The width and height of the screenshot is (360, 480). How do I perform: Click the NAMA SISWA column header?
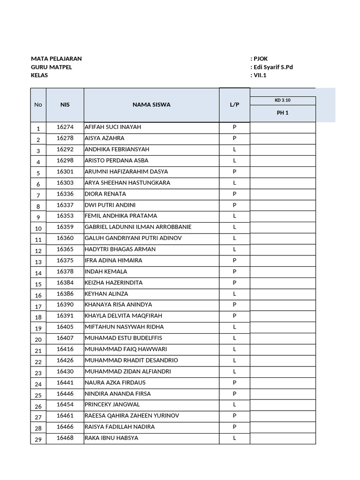tap(151, 105)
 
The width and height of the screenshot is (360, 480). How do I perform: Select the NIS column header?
tap(65, 105)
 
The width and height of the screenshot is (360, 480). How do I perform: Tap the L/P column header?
tap(234, 105)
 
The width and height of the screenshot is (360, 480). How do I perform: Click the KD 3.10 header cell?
tap(283, 100)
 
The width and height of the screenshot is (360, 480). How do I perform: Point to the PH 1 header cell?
tap(283, 112)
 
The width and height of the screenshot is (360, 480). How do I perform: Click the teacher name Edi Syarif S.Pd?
tap(273, 67)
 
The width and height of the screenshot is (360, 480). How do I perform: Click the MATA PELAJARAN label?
tap(56, 59)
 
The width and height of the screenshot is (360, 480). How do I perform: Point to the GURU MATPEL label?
tap(52, 67)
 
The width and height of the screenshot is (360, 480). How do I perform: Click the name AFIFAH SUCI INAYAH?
tap(112, 127)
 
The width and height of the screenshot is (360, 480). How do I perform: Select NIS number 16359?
tap(65, 227)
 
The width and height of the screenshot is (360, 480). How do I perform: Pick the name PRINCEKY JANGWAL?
tap(112, 405)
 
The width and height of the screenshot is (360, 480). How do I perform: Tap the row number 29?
tap(38, 439)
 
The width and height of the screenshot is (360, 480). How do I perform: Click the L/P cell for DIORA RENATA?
tap(234, 194)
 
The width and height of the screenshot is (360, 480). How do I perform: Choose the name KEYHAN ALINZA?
tap(106, 293)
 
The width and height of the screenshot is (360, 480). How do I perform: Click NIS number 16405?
tap(65, 327)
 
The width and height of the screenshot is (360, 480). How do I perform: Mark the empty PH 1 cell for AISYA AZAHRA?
tap(283, 138)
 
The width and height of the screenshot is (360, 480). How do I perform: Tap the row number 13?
tap(38, 261)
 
